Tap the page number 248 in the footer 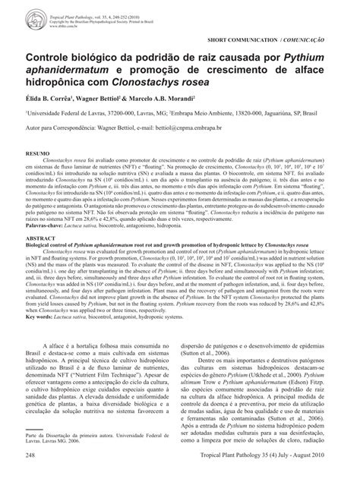click(31, 454)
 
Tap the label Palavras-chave click(46, 226)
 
